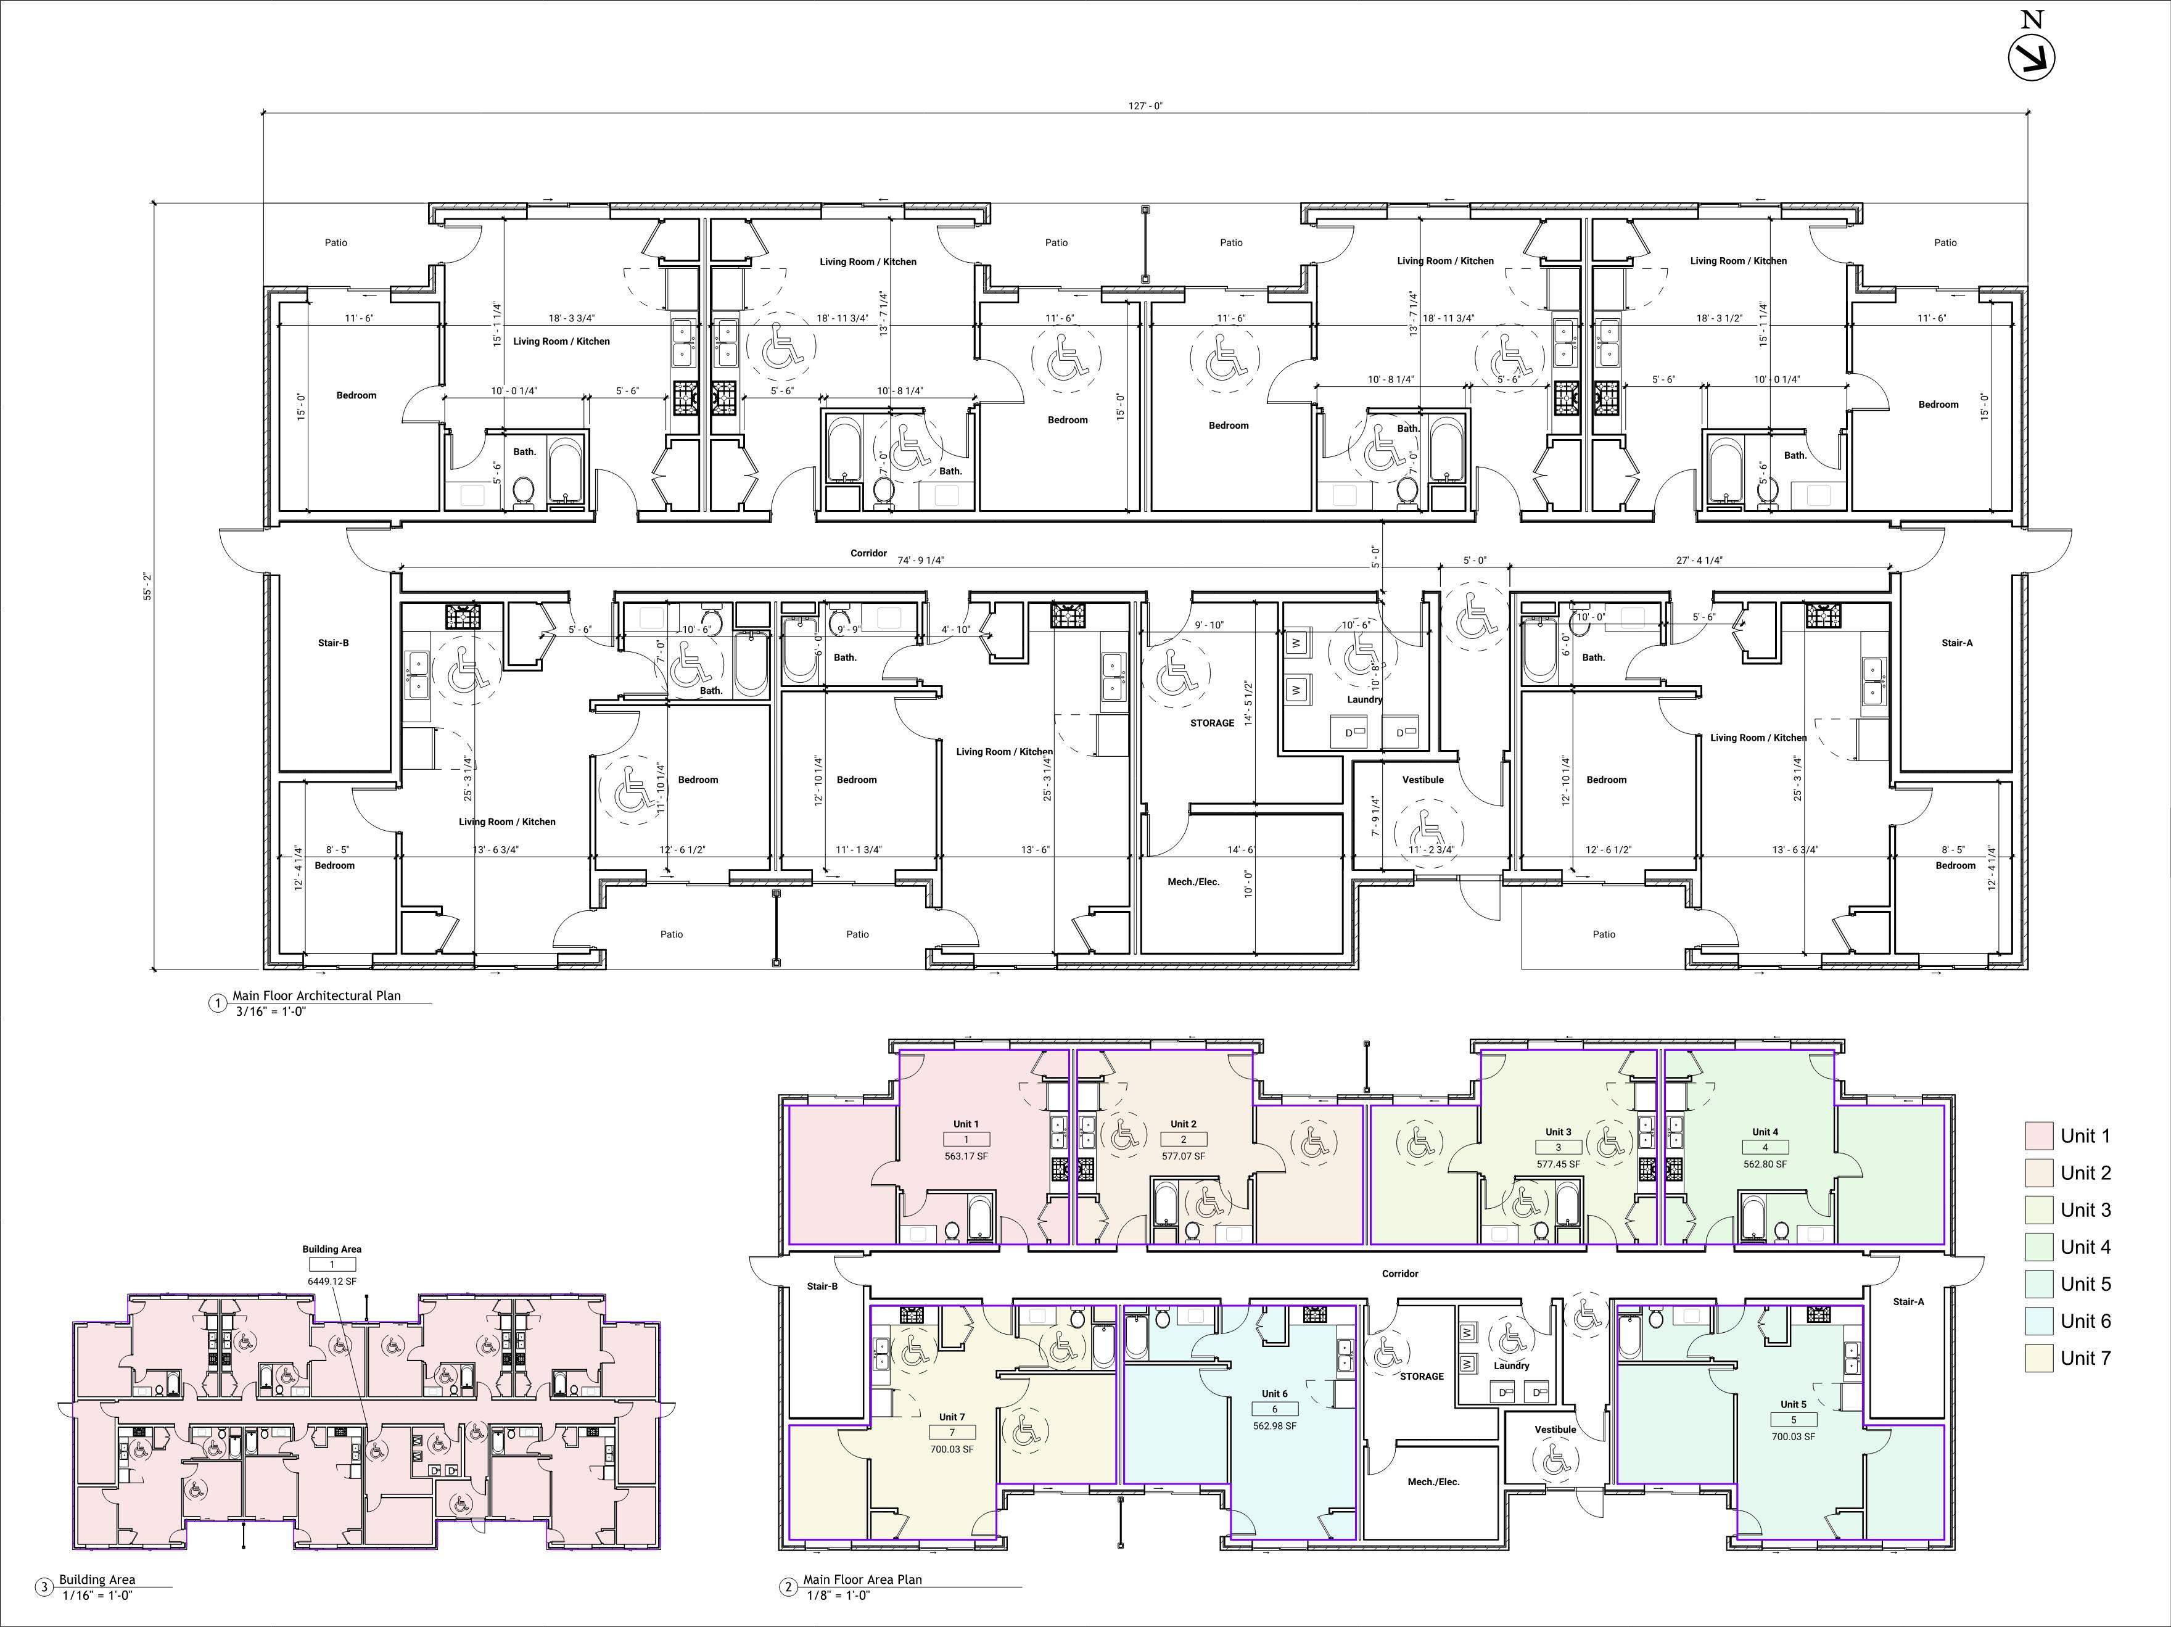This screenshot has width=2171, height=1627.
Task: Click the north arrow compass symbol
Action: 2030,56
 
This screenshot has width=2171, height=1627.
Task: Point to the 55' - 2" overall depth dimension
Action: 148,588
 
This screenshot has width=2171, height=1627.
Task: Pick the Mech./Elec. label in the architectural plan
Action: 1193,882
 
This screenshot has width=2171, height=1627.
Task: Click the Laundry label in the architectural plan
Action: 1364,699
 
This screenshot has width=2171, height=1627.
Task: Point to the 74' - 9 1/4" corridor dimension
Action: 921,561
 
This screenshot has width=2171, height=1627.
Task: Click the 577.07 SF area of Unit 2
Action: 1184,1156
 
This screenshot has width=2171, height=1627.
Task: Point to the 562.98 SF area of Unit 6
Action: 1275,1426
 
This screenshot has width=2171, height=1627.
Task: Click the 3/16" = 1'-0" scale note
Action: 271,1011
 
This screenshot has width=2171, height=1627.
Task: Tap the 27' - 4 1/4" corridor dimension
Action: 1699,561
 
